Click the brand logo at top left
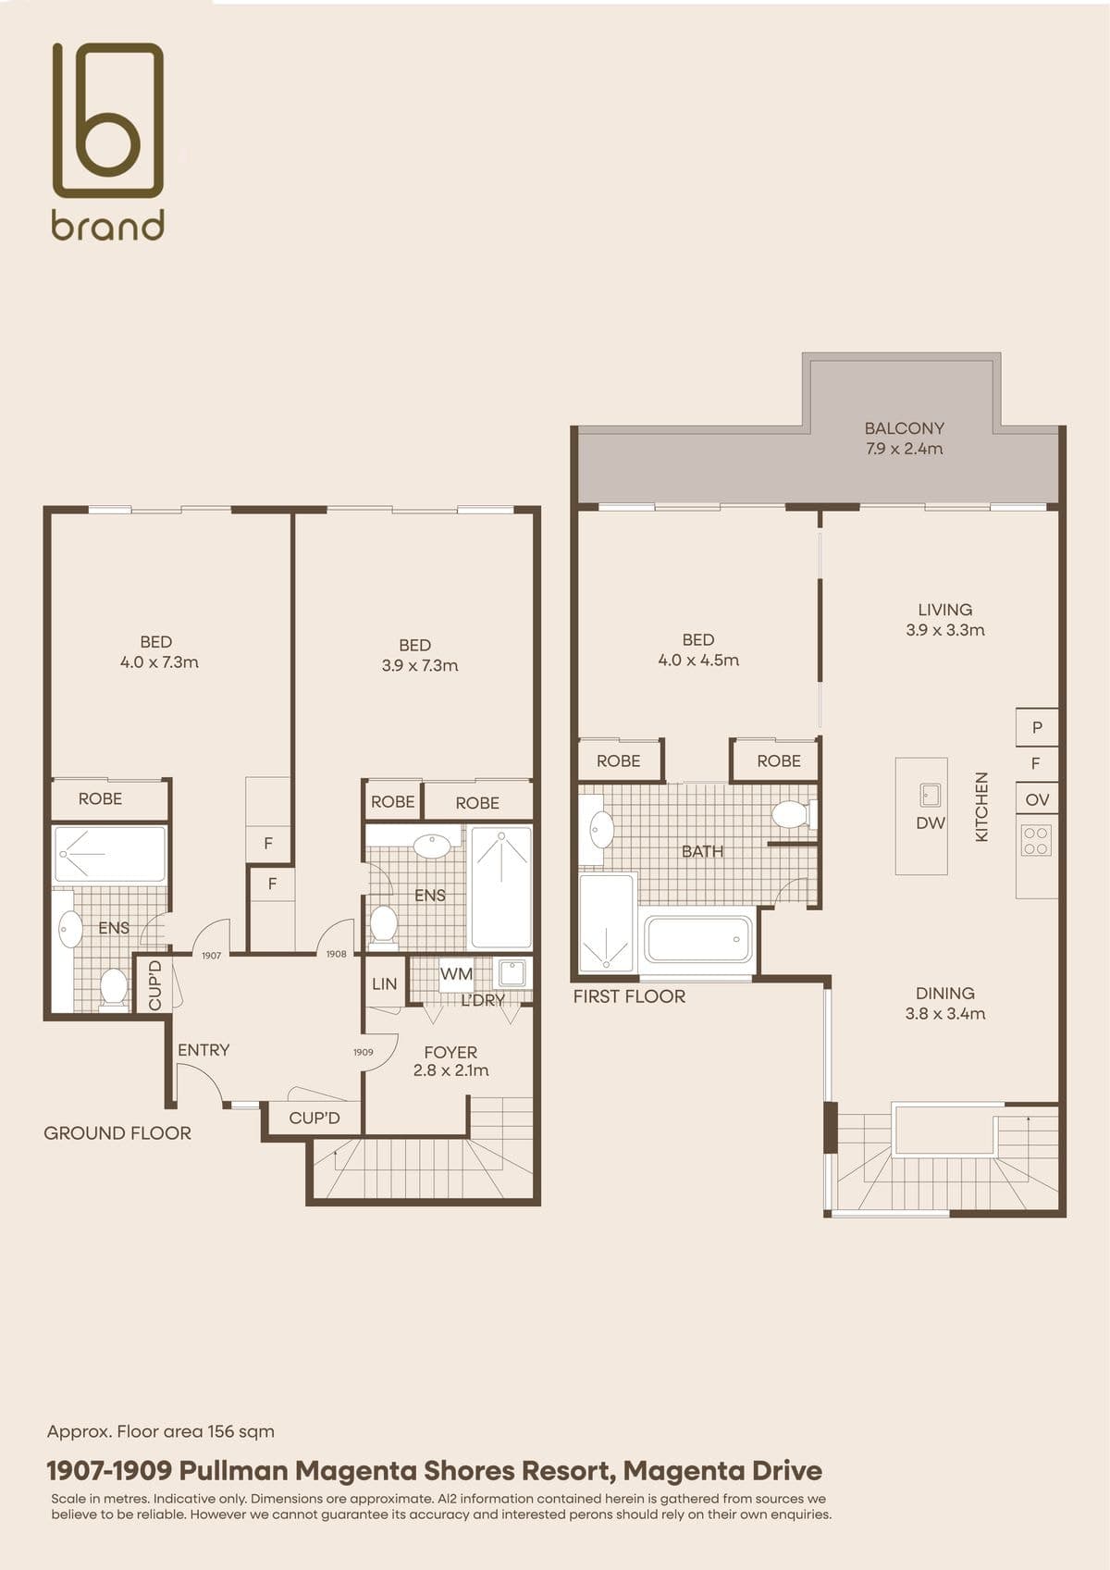(x=108, y=141)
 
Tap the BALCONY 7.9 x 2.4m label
(x=904, y=438)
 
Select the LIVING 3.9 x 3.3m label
(x=944, y=620)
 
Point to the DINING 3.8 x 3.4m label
(x=944, y=1003)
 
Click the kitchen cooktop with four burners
(x=1036, y=841)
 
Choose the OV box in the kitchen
(x=1036, y=799)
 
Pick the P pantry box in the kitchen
(x=1036, y=727)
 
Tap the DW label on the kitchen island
(x=931, y=822)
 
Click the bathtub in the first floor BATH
(x=698, y=939)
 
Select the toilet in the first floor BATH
(x=793, y=815)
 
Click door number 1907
(x=211, y=956)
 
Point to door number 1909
(x=363, y=1052)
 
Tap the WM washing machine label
(x=456, y=973)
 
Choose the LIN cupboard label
(x=384, y=984)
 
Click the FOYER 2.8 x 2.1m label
(x=450, y=1061)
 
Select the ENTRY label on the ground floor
(x=203, y=1050)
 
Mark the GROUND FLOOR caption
(x=117, y=1133)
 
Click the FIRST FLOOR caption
(x=629, y=996)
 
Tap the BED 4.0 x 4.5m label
(x=698, y=649)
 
